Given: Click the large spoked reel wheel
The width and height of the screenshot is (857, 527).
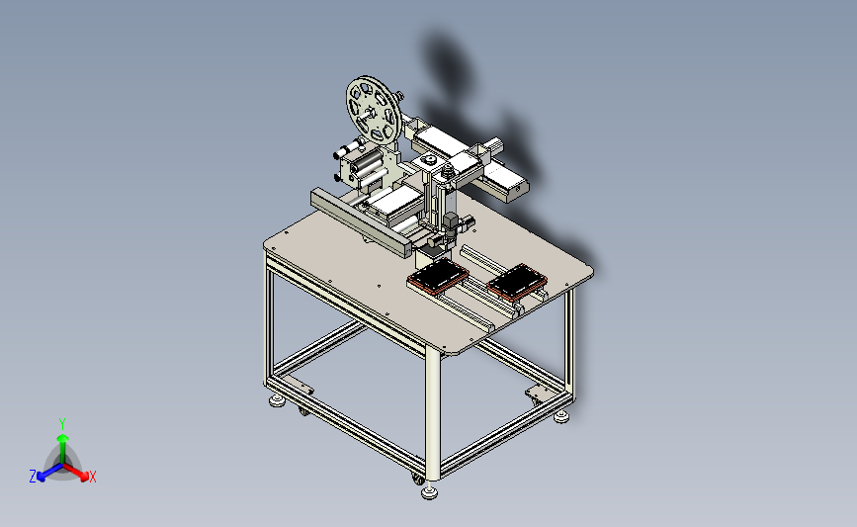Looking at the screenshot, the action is click(374, 111).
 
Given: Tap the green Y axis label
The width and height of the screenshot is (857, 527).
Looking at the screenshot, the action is click(62, 424).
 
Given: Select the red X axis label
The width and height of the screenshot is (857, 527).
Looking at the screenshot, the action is click(92, 477).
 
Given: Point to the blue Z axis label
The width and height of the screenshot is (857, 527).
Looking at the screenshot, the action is click(33, 477).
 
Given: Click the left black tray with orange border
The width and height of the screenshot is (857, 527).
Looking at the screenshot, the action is click(438, 277).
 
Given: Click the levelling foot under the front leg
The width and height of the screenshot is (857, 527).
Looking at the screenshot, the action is click(430, 492).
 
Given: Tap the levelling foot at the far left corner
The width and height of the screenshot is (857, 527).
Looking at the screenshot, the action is click(278, 400).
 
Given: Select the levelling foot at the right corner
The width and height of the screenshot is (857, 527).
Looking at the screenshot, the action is click(561, 417).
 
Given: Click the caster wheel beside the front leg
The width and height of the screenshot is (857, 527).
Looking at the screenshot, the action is click(417, 479).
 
